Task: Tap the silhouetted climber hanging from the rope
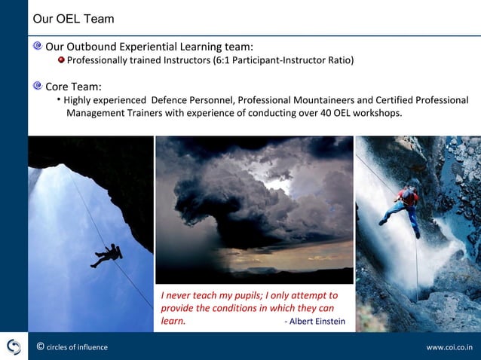pyautogui.click(x=108, y=255)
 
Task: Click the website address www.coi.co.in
pyautogui.click(x=449, y=347)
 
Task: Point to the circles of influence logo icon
pyautogui.click(x=14, y=346)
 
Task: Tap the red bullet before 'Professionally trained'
pyautogui.click(x=62, y=60)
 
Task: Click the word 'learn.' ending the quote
pyautogui.click(x=173, y=322)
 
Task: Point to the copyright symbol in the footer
pyautogui.click(x=40, y=347)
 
